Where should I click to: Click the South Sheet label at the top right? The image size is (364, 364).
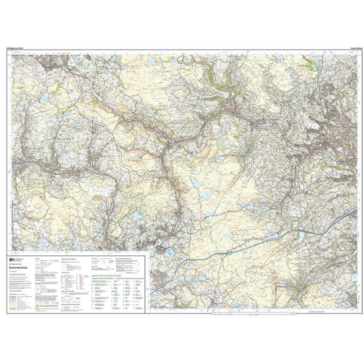[348, 48]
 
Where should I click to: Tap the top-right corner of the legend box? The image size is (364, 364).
[149, 252]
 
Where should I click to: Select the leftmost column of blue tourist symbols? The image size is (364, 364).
[92, 295]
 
